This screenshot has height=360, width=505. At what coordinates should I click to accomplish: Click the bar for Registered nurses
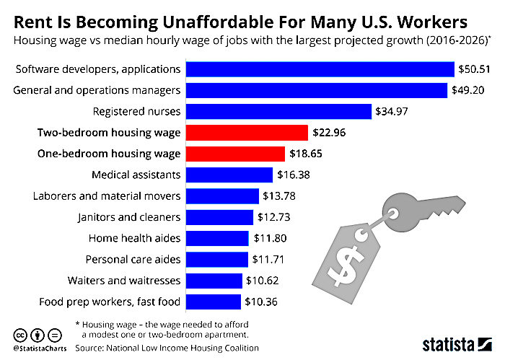pyautogui.click(x=278, y=111)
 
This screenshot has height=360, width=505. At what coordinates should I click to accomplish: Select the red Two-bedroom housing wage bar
pyautogui.click(x=247, y=133)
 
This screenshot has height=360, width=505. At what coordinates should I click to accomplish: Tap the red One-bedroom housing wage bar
pyautogui.click(x=235, y=154)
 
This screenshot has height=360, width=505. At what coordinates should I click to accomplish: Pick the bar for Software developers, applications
pyautogui.click(x=320, y=69)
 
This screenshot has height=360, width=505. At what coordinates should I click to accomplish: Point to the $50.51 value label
pyautogui.click(x=474, y=69)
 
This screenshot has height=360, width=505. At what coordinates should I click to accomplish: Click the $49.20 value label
pyautogui.click(x=467, y=90)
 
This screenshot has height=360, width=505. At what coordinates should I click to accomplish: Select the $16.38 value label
pyautogui.click(x=294, y=175)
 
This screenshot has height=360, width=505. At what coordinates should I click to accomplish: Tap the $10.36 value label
pyautogui.click(x=261, y=302)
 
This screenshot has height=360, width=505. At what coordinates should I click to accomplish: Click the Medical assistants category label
pyautogui.click(x=136, y=175)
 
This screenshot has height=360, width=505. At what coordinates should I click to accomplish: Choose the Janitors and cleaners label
pyautogui.click(x=129, y=217)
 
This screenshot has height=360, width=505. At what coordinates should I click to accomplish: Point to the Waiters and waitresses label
pyautogui.click(x=124, y=281)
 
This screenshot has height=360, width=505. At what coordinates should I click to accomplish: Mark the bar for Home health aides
pyautogui.click(x=217, y=238)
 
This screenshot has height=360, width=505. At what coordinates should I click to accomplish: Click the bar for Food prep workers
pyautogui.click(x=214, y=302)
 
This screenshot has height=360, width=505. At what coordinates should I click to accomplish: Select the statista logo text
pyautogui.click(x=448, y=345)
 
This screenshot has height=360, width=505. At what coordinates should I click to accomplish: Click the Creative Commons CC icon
pyautogui.click(x=20, y=335)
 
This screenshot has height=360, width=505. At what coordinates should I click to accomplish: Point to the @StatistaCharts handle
pyautogui.click(x=40, y=348)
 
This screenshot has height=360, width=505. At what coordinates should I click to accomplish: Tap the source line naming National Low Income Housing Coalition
pyautogui.click(x=167, y=348)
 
